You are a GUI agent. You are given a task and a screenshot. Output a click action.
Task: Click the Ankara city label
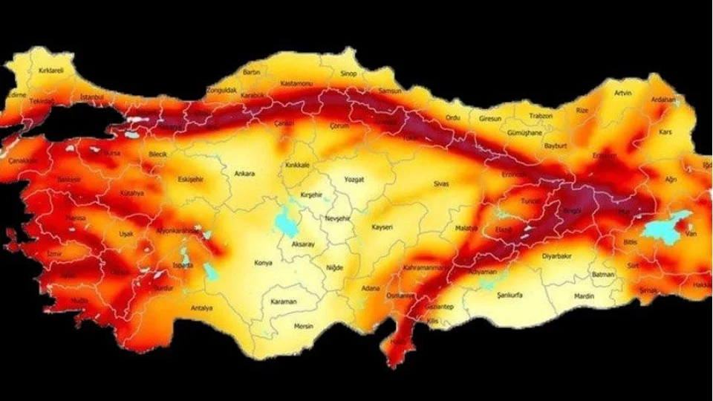(x=244, y=174)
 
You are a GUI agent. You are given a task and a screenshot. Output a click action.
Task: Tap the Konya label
(x=263, y=263)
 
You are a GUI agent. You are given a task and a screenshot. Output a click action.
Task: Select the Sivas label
(x=442, y=182)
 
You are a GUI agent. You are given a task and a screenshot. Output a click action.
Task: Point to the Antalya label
(x=201, y=307)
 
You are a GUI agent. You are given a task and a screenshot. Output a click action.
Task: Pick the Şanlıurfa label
(x=509, y=295)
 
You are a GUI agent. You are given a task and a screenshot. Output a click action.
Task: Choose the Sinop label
(x=348, y=74)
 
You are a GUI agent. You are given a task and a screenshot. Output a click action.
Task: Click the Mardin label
(x=584, y=296)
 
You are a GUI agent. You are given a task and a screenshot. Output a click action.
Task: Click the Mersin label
(x=304, y=326)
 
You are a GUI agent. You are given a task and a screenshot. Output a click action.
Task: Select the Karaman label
(x=283, y=301)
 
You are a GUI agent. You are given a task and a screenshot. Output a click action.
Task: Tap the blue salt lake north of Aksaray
(x=283, y=221)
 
